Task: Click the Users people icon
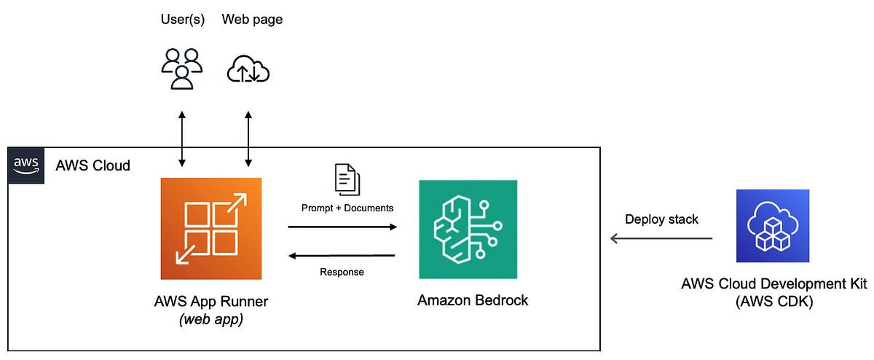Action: (x=181, y=69)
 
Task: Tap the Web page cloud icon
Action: (x=248, y=70)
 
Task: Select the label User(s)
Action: (x=183, y=20)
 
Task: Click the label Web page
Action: (x=252, y=20)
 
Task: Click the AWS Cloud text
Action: (x=92, y=165)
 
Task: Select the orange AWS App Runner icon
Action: (x=210, y=230)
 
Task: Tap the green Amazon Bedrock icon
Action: (x=468, y=230)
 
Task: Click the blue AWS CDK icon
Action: (x=773, y=226)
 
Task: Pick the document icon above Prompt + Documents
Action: (x=347, y=179)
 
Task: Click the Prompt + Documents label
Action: (x=347, y=208)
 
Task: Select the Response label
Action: (x=342, y=272)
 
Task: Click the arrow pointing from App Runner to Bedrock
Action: (x=342, y=227)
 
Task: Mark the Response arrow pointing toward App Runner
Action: (x=342, y=255)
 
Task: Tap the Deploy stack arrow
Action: (x=661, y=238)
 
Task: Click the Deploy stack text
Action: (x=661, y=219)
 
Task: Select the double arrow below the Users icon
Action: (x=182, y=138)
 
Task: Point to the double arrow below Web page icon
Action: (x=249, y=138)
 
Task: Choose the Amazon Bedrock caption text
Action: (x=473, y=300)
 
